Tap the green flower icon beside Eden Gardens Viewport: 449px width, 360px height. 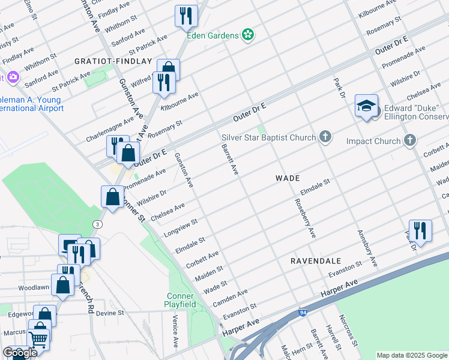(247, 35)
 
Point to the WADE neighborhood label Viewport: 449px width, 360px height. (287, 178)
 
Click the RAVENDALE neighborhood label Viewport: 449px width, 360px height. (316, 261)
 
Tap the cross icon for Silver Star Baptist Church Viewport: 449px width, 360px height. (325, 137)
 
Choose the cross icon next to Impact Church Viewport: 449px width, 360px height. (410, 141)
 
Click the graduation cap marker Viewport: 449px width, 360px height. (366, 106)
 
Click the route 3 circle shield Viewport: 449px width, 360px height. (97, 224)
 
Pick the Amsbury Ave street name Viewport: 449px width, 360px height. (367, 247)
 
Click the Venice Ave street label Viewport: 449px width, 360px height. (176, 332)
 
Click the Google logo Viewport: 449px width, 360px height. (20, 353)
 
